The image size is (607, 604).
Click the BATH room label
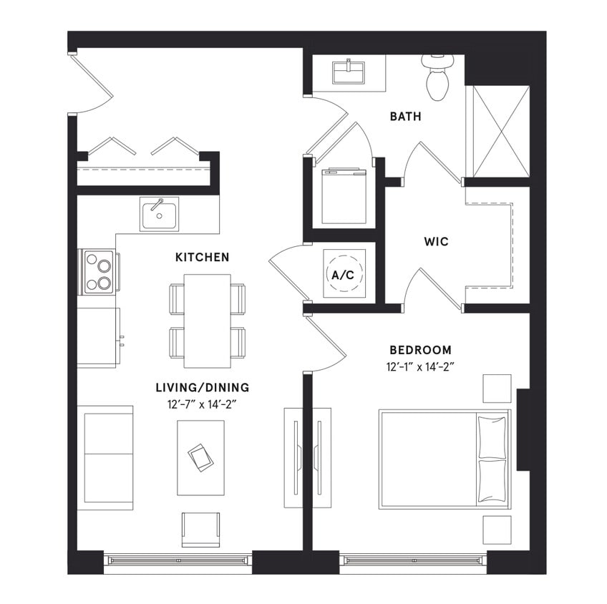[x=405, y=116]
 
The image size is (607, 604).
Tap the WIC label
[x=436, y=242]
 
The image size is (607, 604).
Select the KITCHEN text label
[x=202, y=257]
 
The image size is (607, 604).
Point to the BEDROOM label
[x=420, y=350]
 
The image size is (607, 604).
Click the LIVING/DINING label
[x=203, y=388]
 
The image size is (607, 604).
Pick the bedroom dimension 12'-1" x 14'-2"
[x=421, y=367]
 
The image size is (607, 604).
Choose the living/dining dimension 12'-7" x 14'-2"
[x=203, y=404]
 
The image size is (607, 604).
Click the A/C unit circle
[x=345, y=274]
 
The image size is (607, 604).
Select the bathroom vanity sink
[x=349, y=72]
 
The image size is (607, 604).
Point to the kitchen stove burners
[x=98, y=273]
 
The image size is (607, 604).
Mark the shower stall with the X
[x=497, y=131]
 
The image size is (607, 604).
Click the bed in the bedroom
[x=444, y=459]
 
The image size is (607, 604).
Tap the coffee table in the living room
[x=200, y=457]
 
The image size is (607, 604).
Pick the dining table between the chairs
[x=207, y=320]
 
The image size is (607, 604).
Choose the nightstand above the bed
[x=497, y=388]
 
